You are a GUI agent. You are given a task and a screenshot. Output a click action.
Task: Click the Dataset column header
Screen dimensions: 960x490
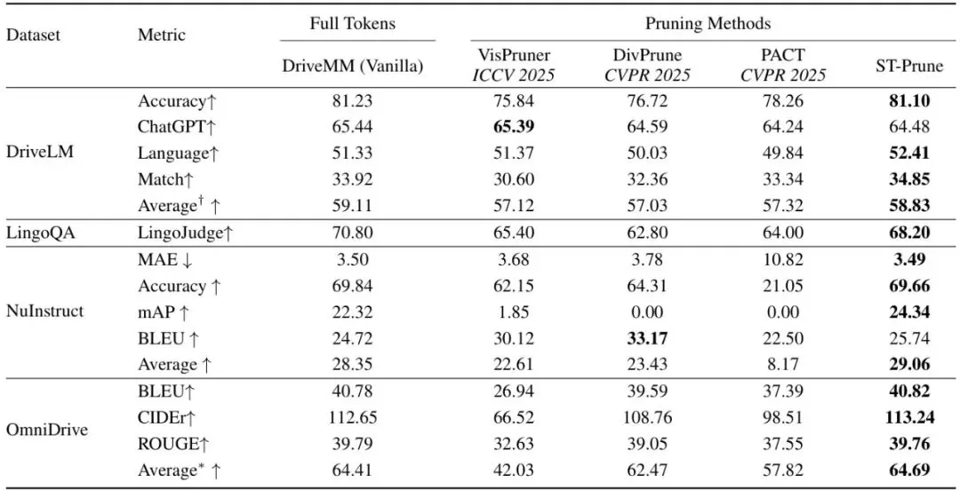click(x=34, y=35)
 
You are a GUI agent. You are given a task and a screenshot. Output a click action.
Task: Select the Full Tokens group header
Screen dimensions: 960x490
click(x=352, y=24)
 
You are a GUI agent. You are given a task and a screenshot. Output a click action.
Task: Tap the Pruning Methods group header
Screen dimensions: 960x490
click(x=708, y=24)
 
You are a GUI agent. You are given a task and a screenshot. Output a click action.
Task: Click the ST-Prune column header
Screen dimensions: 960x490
click(x=909, y=67)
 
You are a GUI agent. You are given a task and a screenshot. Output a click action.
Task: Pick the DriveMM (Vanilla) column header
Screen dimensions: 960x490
click(x=353, y=67)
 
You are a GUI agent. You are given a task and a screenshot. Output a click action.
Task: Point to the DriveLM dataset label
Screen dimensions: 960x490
click(x=40, y=153)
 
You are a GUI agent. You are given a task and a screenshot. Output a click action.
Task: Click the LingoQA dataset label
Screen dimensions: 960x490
click(x=40, y=233)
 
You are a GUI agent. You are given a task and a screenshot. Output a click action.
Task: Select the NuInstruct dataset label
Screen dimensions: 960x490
click(x=45, y=312)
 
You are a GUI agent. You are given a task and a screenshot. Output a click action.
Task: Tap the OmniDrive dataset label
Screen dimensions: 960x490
click(x=46, y=429)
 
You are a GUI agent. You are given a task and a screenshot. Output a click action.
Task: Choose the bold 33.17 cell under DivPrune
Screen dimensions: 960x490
click(x=646, y=338)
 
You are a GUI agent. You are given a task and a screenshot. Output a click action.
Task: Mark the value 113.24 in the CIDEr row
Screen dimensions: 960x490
click(x=909, y=418)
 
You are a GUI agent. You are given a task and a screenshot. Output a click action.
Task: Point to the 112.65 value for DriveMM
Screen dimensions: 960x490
click(x=353, y=418)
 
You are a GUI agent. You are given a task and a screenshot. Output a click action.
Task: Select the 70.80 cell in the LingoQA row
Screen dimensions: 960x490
click(x=353, y=233)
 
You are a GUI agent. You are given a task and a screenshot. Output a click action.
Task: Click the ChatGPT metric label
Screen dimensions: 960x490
click(x=173, y=127)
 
